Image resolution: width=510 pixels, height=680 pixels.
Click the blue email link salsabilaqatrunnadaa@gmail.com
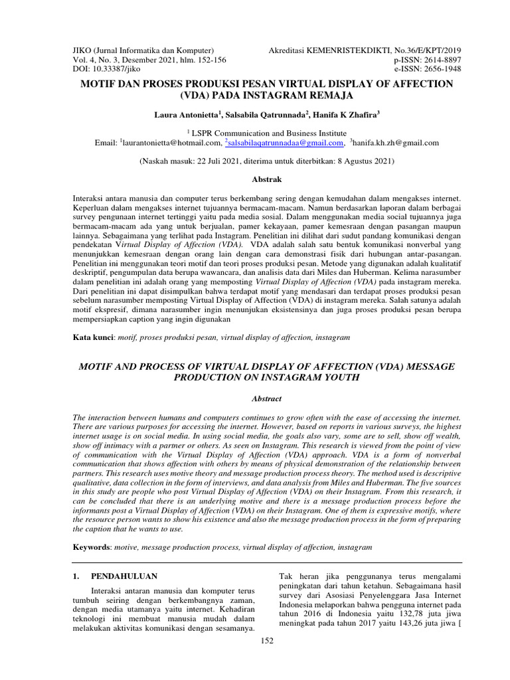click(286, 142)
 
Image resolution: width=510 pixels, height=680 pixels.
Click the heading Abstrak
click(268, 179)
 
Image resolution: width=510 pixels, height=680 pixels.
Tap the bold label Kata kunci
click(94, 337)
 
